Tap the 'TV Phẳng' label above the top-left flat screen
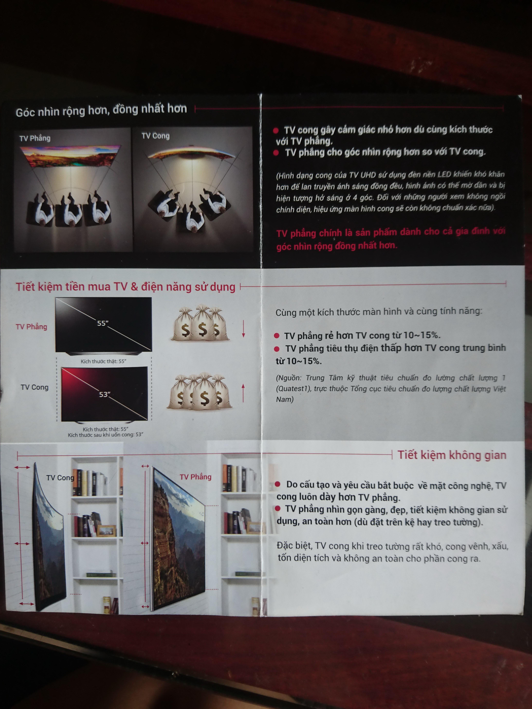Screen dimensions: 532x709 point(35,138)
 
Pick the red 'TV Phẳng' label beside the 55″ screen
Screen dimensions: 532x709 point(31,327)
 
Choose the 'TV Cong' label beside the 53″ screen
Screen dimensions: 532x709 point(35,387)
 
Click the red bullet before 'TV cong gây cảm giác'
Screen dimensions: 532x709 point(276,130)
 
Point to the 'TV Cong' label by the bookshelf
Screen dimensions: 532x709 point(60,478)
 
